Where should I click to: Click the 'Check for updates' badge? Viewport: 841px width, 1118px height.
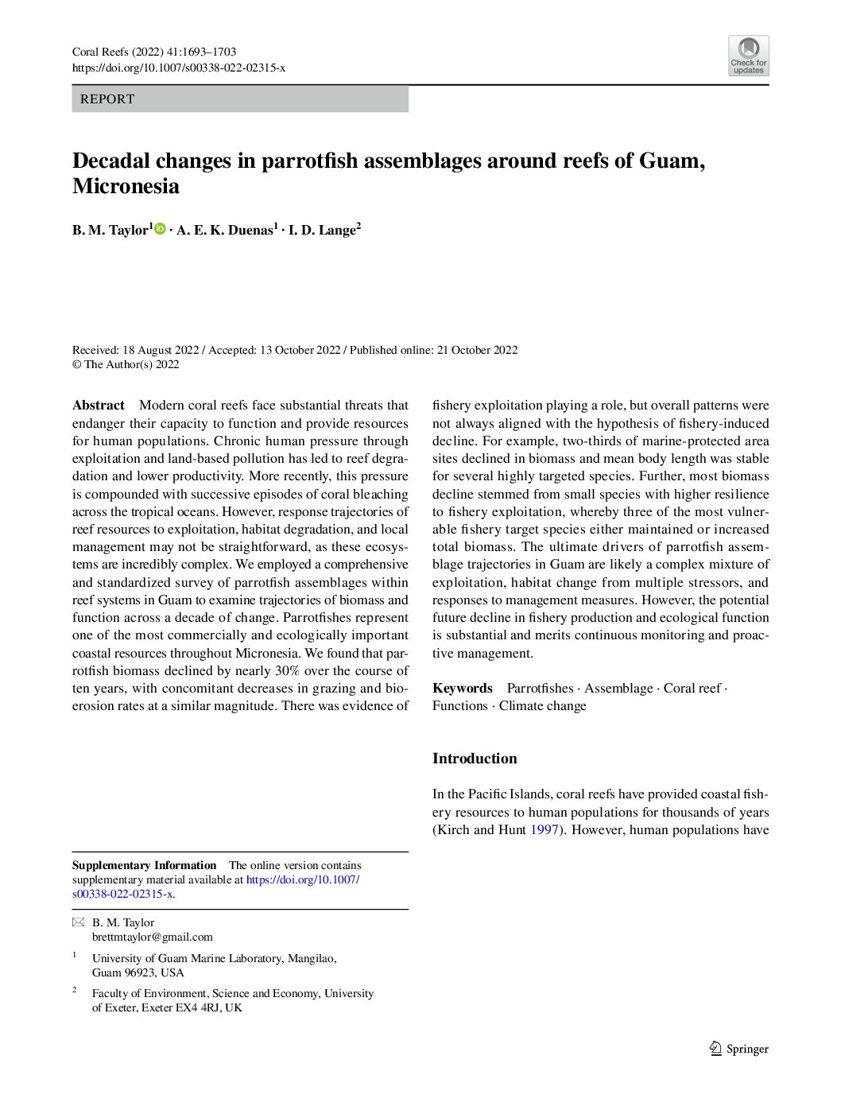point(748,56)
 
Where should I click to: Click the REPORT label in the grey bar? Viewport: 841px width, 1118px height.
point(107,99)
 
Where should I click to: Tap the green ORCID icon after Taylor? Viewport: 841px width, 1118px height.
point(160,229)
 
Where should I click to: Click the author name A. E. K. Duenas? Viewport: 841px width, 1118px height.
point(225,231)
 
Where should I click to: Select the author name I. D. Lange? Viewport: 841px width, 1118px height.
point(322,231)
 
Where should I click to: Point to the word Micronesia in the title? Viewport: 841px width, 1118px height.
point(126,186)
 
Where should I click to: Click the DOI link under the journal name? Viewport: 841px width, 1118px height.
point(178,68)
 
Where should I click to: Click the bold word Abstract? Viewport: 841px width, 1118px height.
point(98,406)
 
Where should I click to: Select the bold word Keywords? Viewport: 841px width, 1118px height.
point(462,689)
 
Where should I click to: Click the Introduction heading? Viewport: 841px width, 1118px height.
point(475,759)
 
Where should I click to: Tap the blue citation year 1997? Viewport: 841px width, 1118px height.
point(545,830)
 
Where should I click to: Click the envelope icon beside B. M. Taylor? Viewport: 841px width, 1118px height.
point(78,922)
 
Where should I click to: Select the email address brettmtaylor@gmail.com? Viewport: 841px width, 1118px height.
point(153,937)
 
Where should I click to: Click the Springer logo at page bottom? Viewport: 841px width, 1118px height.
point(738,1049)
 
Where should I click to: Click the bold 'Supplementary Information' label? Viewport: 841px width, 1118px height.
point(144,865)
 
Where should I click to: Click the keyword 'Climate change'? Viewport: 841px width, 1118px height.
point(542,706)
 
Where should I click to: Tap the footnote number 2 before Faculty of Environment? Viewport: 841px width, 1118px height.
point(75,990)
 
